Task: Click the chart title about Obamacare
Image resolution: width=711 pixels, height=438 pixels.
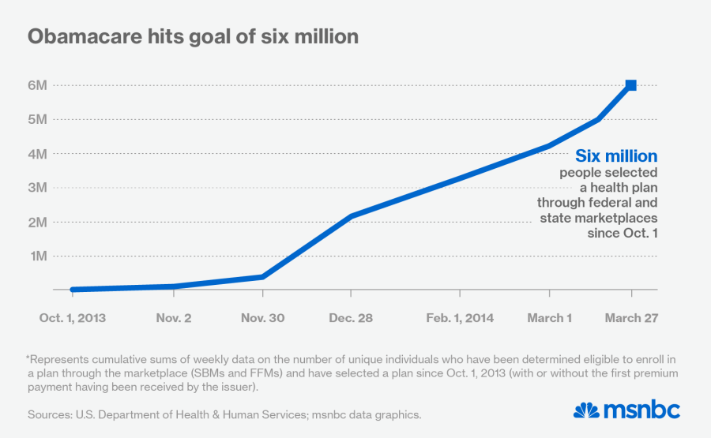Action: (x=193, y=37)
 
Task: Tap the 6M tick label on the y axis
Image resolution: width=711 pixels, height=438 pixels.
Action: (x=38, y=85)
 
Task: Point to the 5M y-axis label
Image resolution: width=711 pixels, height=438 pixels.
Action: (x=38, y=119)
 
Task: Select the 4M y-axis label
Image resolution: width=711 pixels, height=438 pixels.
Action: (x=38, y=154)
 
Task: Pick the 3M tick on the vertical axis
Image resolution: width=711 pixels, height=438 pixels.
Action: (x=38, y=188)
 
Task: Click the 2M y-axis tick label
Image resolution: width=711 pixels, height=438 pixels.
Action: (x=38, y=222)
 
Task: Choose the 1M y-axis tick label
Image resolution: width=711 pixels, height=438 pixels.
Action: (x=38, y=256)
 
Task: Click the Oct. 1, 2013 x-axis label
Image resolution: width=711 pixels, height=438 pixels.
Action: (x=73, y=318)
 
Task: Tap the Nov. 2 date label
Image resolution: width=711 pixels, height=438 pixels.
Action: (x=173, y=318)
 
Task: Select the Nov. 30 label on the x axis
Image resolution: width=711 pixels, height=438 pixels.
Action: (x=263, y=318)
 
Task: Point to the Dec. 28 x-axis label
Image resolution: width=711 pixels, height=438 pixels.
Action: (x=352, y=318)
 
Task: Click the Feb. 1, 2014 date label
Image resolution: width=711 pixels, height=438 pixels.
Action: (x=460, y=318)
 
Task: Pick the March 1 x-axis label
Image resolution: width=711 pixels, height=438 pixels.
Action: (x=550, y=318)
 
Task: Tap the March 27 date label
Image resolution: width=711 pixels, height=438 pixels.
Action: (x=631, y=318)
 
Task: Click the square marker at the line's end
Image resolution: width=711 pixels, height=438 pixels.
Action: (x=631, y=85)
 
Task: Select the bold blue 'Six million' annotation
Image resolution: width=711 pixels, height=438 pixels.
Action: (x=616, y=156)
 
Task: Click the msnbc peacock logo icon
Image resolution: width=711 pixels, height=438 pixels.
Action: (x=585, y=410)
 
